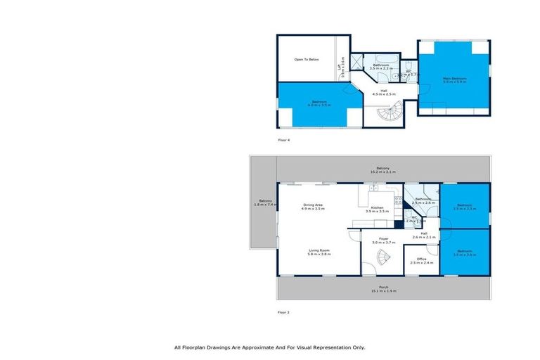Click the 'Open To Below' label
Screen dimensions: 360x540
pos(307,60)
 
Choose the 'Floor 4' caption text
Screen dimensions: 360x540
pos(283,140)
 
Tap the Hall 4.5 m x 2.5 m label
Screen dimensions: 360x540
pos(384,91)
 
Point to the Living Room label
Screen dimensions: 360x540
pos(319,252)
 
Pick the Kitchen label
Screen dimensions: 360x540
pos(378,209)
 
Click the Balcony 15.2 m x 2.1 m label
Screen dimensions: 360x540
pos(383,169)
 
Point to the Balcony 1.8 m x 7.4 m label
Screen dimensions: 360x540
pos(264,203)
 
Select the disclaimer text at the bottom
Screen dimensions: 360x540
pos(270,347)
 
